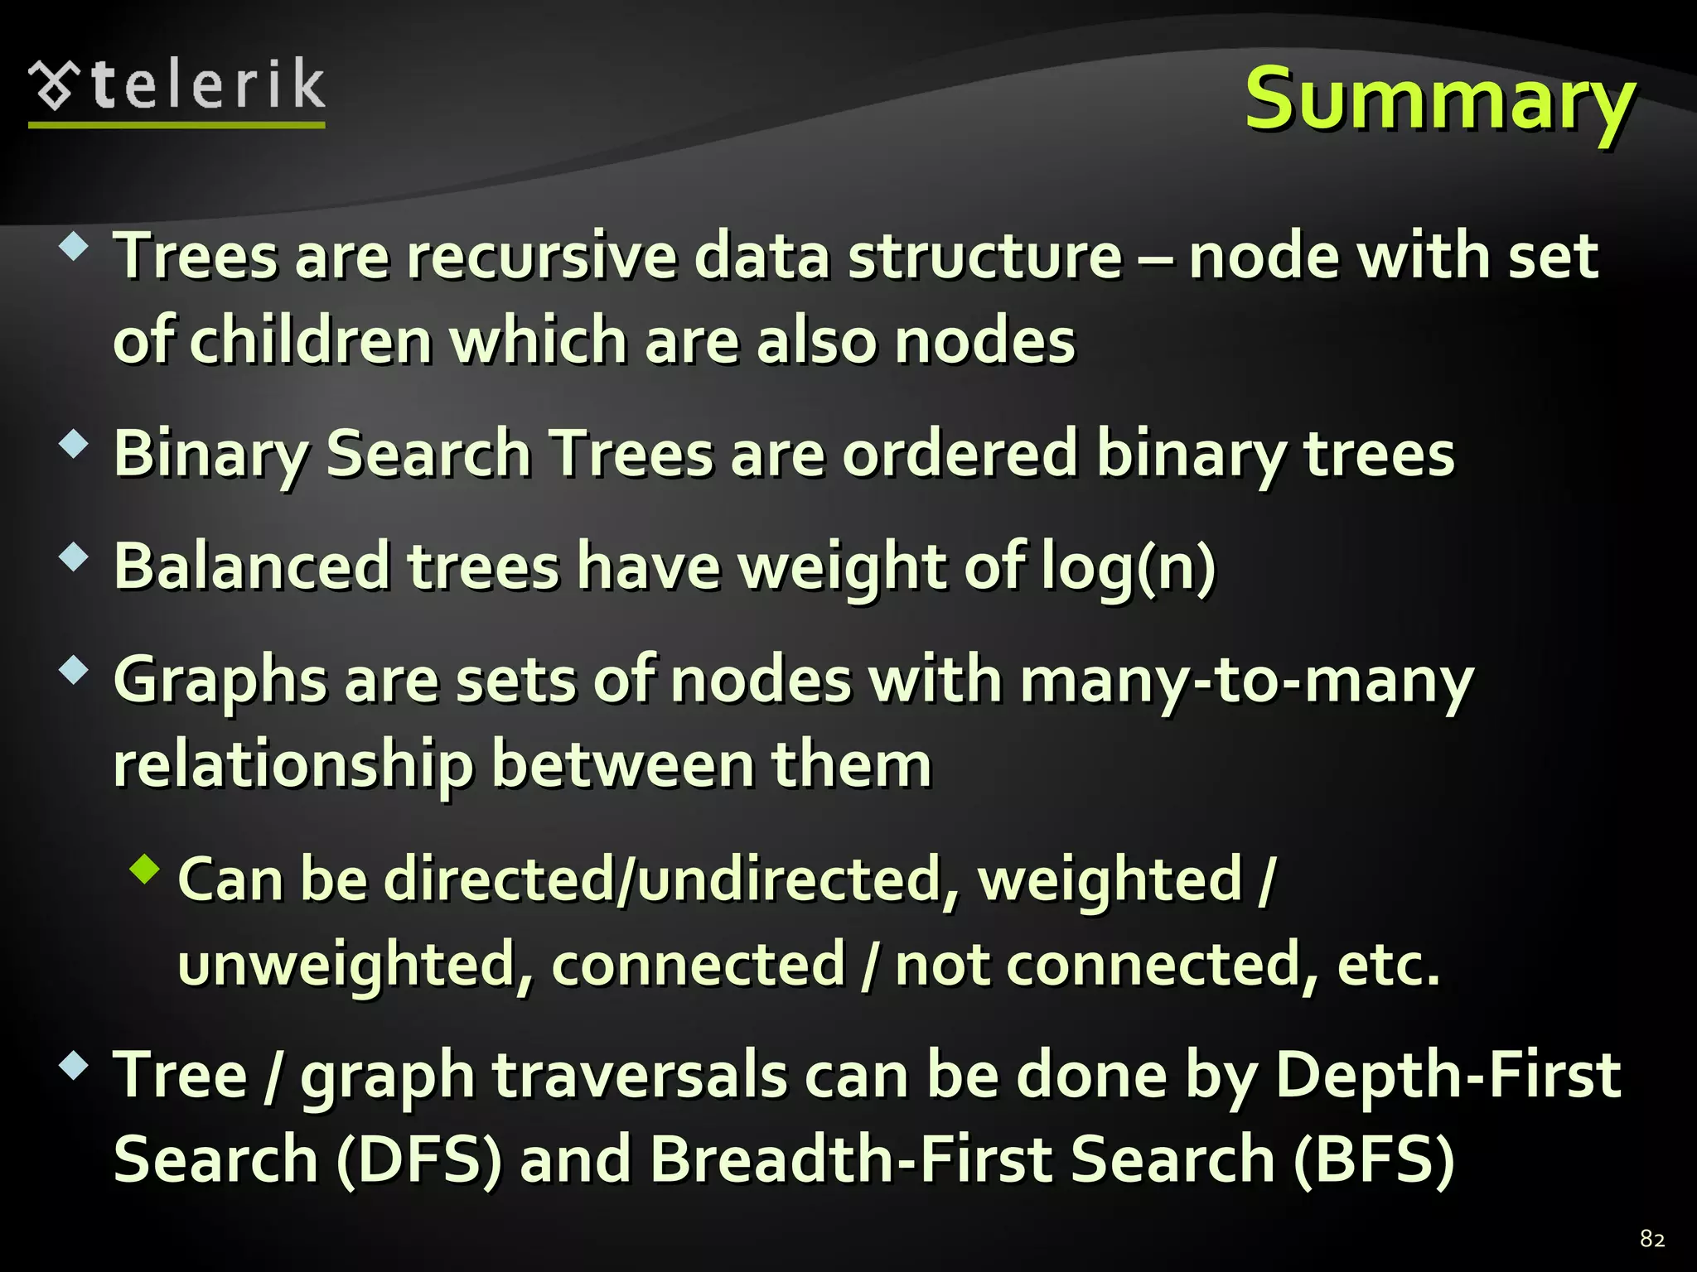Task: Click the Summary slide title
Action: tap(1440, 99)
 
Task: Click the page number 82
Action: tap(1652, 1239)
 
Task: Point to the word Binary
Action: tap(210, 455)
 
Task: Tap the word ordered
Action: tap(960, 454)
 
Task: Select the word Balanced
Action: tap(252, 567)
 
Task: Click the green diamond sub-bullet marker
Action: tap(145, 869)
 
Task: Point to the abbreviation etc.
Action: tap(1388, 965)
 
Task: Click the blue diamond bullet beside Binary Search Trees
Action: tap(74, 445)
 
